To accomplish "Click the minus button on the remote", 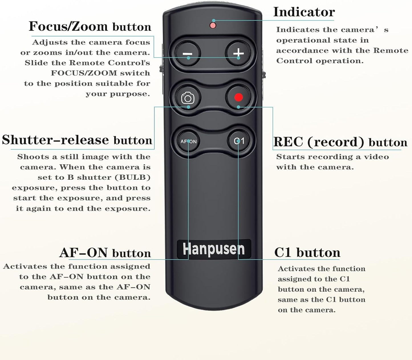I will (187, 53).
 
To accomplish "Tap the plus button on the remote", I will (238, 53).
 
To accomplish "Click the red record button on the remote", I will (238, 97).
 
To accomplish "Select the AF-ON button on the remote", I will (188, 141).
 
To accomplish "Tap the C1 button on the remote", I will (239, 141).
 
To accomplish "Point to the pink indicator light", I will (213, 25).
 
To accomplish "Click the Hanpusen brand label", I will (214, 249).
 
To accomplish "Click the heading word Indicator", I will (304, 12).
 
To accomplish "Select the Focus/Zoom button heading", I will (90, 26).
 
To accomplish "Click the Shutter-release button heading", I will (77, 140).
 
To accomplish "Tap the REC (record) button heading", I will (340, 142).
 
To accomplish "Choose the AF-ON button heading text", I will (105, 253).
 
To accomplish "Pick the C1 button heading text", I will (307, 253).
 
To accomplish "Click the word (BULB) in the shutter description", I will (133, 177).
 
